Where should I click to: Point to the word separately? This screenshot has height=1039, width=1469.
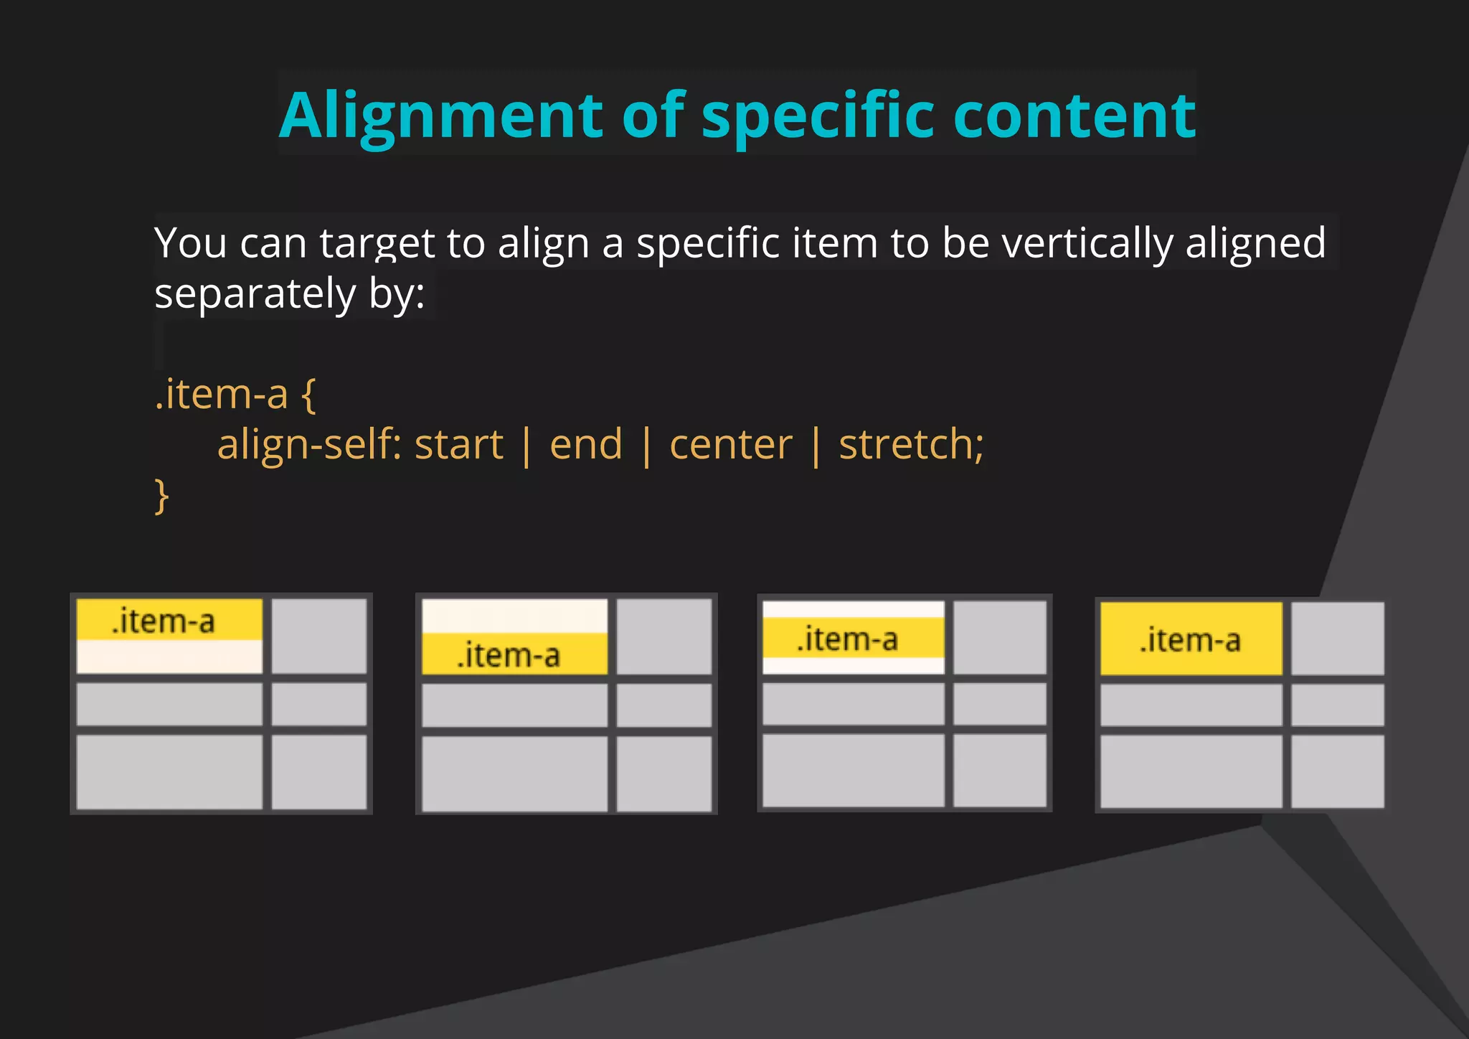255,294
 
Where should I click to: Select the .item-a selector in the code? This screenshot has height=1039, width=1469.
221,394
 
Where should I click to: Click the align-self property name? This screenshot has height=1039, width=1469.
306,445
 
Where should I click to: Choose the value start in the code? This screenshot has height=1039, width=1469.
459,445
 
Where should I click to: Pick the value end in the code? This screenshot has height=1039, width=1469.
586,445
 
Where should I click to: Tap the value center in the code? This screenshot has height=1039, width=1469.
731,445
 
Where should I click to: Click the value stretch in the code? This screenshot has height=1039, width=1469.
906,445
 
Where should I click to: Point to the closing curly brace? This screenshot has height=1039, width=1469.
162,496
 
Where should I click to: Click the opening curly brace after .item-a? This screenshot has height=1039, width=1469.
308,395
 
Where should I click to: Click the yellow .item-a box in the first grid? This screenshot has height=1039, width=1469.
169,620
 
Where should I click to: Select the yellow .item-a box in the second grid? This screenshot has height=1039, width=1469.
514,654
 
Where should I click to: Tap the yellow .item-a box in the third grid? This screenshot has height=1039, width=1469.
853,638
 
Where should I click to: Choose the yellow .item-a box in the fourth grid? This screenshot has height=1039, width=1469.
1191,639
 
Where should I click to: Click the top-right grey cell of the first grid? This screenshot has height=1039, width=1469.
319,636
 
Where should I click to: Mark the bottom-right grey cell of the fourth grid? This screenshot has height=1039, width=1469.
1337,771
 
